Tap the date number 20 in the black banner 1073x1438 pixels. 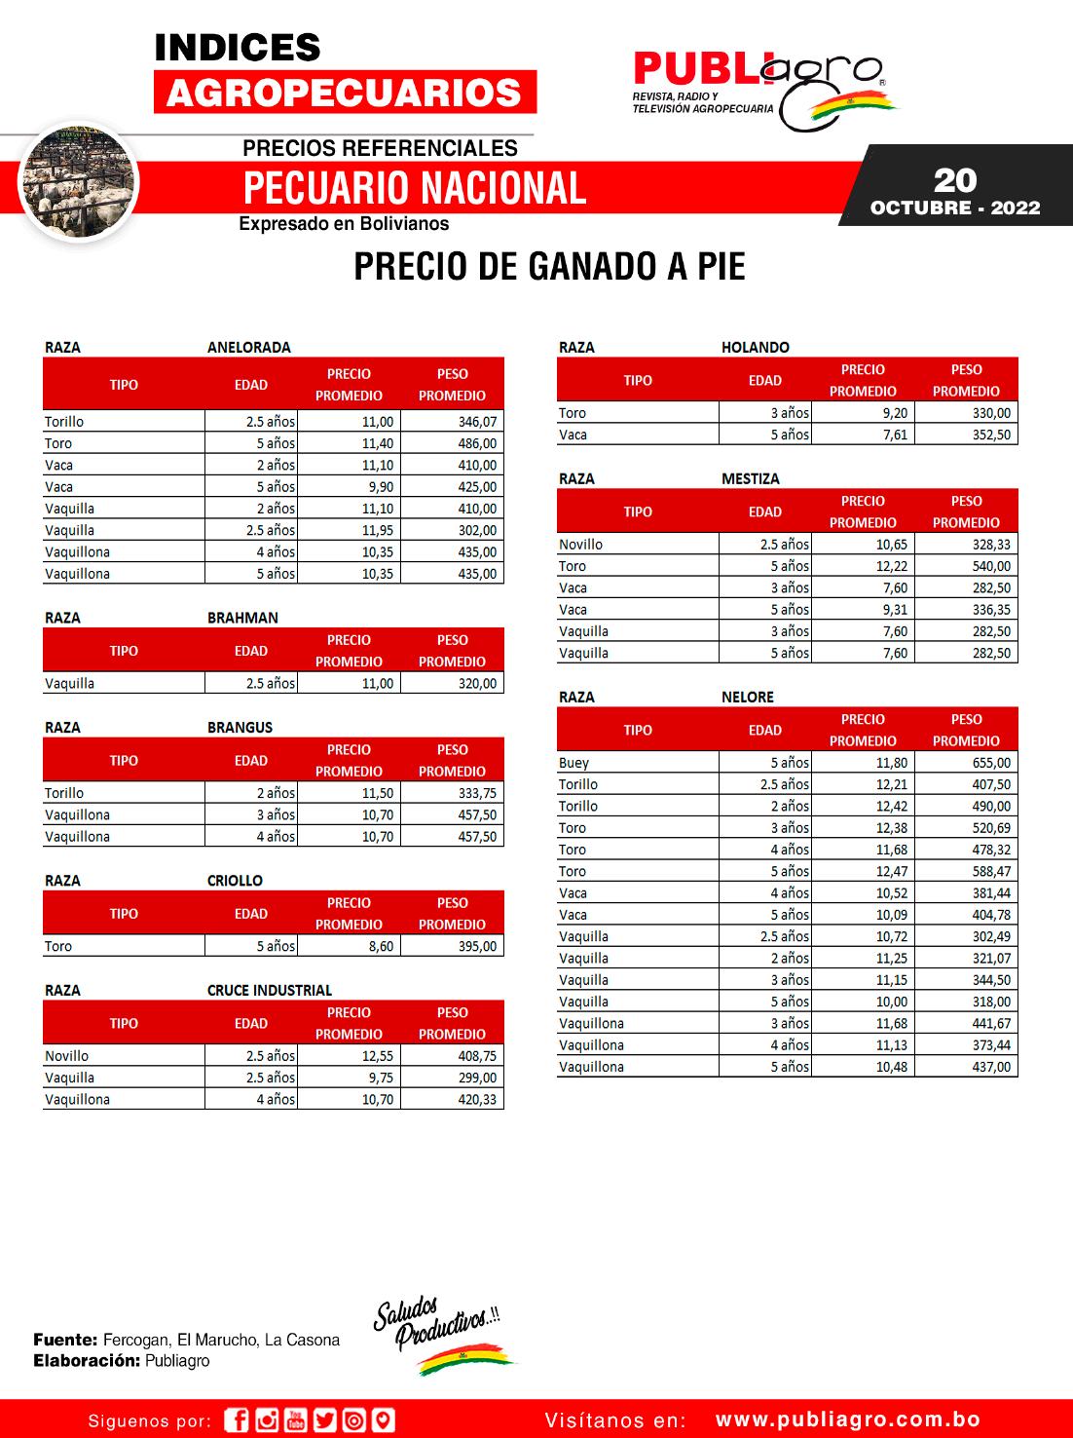click(954, 180)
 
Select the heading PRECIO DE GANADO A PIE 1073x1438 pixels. click(549, 266)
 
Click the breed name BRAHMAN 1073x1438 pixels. click(242, 618)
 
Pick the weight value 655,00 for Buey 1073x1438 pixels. click(991, 763)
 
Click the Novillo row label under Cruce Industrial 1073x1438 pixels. click(66, 1056)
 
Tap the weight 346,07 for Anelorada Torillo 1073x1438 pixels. click(477, 422)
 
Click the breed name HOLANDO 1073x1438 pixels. click(756, 347)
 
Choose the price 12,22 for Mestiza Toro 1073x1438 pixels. click(891, 566)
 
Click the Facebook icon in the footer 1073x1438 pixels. click(237, 1420)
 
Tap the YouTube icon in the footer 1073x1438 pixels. click(296, 1420)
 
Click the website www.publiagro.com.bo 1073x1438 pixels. click(848, 1420)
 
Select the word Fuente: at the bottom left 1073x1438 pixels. click(64, 1340)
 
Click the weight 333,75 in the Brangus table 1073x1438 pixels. click(477, 793)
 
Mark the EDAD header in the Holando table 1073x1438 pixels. click(764, 380)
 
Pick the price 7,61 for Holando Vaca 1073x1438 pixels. click(895, 435)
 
